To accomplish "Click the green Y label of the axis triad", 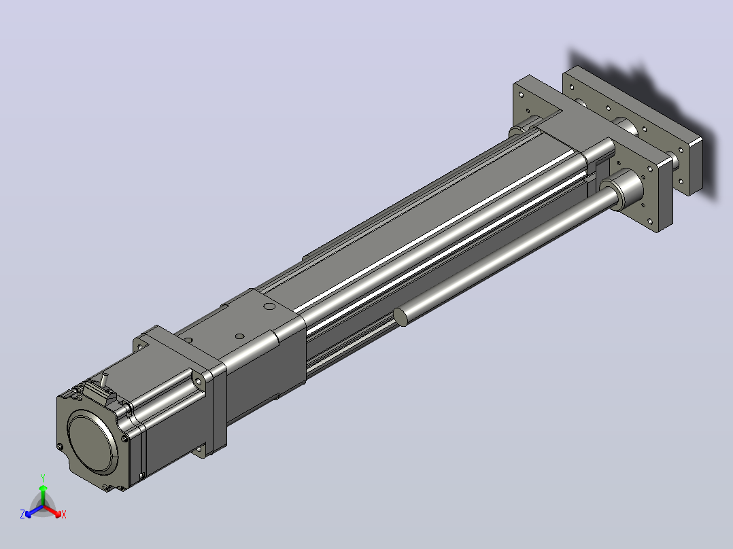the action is tap(43, 478).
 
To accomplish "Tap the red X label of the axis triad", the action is tap(64, 514).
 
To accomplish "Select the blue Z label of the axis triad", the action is tap(22, 514).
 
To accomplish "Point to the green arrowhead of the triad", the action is tap(43, 489).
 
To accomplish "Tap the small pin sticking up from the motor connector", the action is tap(104, 379).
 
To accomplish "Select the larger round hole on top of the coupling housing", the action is tap(269, 306).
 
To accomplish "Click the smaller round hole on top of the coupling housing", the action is tap(239, 336).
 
